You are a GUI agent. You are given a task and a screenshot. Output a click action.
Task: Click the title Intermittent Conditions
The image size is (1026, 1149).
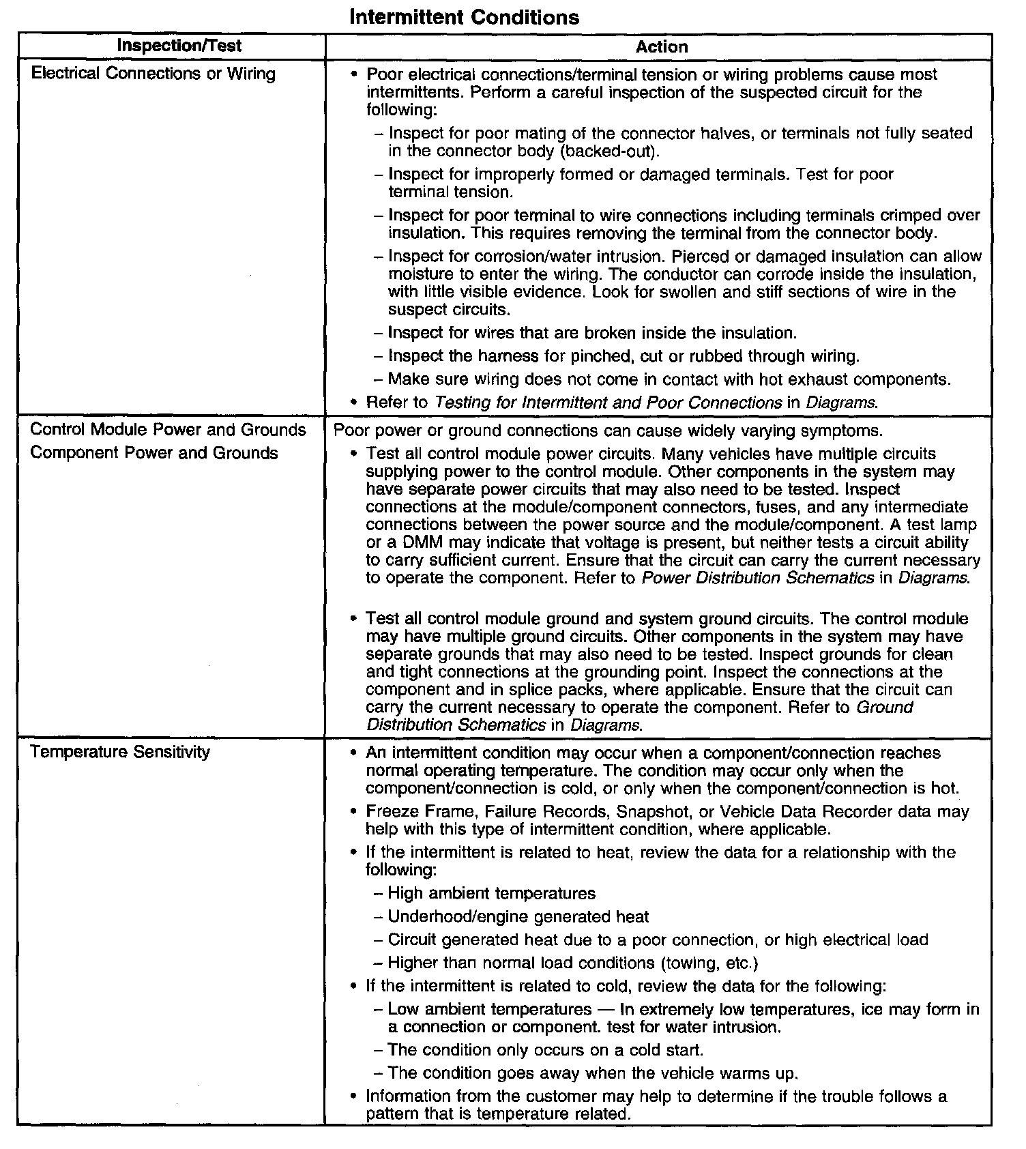point(464,17)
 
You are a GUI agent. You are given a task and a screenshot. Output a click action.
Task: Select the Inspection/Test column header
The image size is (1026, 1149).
point(179,46)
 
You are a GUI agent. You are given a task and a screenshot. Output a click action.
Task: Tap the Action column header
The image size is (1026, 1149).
point(661,46)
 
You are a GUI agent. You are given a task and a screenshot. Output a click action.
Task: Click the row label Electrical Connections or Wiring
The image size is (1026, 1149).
point(153,74)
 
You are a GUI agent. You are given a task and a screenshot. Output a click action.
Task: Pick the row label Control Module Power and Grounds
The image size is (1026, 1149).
point(168,430)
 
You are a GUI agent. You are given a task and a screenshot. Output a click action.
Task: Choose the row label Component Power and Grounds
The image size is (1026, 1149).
point(154,453)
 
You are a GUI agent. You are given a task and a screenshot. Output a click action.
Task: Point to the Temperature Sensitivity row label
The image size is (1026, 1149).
point(120,752)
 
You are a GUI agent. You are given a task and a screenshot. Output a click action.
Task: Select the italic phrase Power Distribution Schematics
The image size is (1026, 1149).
point(758,578)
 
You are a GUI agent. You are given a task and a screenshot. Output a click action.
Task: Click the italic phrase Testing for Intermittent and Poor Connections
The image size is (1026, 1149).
point(608,403)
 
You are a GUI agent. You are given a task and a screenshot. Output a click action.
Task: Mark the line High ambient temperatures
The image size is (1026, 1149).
point(491,893)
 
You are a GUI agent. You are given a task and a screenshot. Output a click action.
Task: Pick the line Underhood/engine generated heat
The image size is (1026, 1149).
point(518,916)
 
